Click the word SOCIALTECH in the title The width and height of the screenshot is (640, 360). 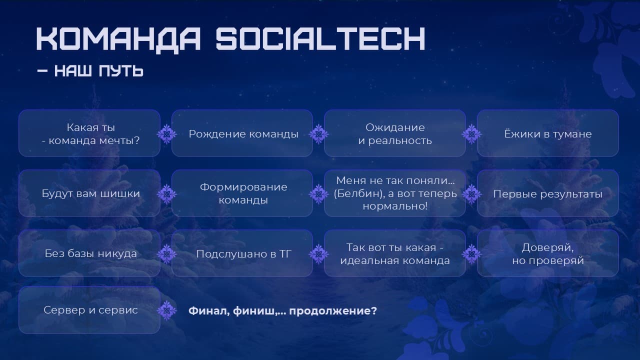[320, 38]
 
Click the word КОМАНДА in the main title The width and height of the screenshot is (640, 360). [118, 40]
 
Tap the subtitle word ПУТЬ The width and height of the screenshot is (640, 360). [121, 71]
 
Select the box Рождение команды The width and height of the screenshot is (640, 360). [242, 133]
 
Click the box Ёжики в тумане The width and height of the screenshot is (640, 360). [547, 133]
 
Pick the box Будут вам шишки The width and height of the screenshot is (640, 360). [89, 193]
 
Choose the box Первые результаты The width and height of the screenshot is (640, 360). [547, 193]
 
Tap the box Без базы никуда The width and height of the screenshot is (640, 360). [89, 253]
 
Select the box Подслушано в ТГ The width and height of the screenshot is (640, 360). [242, 253]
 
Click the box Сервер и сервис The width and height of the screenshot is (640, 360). [89, 310]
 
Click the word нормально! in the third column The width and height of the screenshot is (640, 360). [395, 206]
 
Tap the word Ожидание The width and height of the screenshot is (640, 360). [395, 127]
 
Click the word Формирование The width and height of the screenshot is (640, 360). [243, 187]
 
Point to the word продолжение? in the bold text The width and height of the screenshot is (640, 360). [333, 311]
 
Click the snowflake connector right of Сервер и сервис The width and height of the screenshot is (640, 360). [167, 310]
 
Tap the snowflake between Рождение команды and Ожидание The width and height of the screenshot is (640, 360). [318, 134]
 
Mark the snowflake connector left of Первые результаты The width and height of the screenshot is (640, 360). [471, 194]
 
